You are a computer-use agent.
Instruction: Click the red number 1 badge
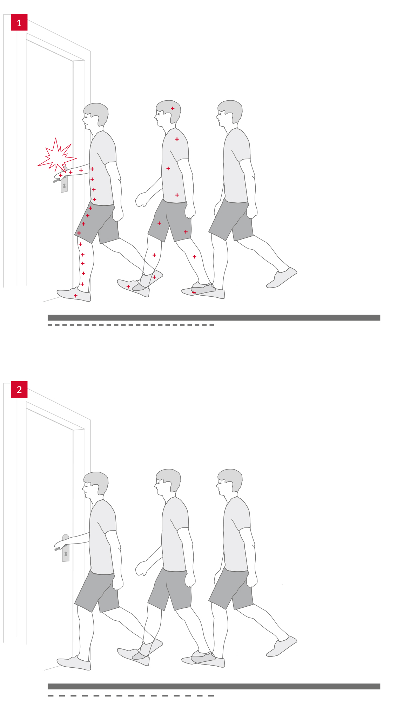click(x=19, y=22)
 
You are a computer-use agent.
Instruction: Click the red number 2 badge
click(x=19, y=389)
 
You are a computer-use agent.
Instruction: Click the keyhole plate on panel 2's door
click(x=66, y=548)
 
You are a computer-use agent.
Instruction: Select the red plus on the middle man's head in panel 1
click(x=173, y=108)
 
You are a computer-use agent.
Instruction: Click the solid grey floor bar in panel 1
click(x=214, y=318)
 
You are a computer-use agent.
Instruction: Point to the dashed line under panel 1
click(x=131, y=325)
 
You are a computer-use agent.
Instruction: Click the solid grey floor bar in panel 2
click(x=214, y=686)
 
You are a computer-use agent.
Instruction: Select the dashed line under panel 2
click(x=131, y=696)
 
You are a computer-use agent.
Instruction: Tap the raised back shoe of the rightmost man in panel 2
click(x=282, y=646)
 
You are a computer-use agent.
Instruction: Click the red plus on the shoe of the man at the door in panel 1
click(x=76, y=296)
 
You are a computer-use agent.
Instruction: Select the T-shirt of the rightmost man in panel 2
click(x=236, y=533)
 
